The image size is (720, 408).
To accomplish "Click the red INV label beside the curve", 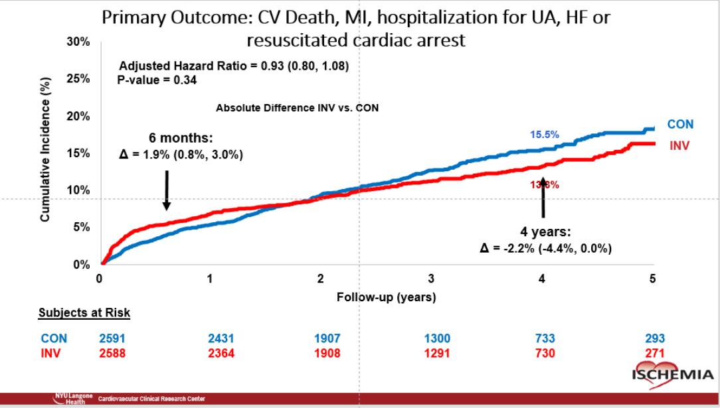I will coord(679,145).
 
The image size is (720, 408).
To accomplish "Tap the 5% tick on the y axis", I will coord(82,228).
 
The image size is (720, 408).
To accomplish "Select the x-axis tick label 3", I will coord(431,279).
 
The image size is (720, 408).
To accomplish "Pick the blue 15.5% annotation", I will coord(544,135).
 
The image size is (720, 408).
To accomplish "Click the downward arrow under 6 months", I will coord(167,189).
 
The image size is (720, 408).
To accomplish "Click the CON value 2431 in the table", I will coord(221,338).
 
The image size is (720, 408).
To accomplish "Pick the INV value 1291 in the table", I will coord(436,354).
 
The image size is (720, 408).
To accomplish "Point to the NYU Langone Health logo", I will coord(72,399).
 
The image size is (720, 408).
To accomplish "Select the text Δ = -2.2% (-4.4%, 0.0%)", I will coord(545,249).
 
